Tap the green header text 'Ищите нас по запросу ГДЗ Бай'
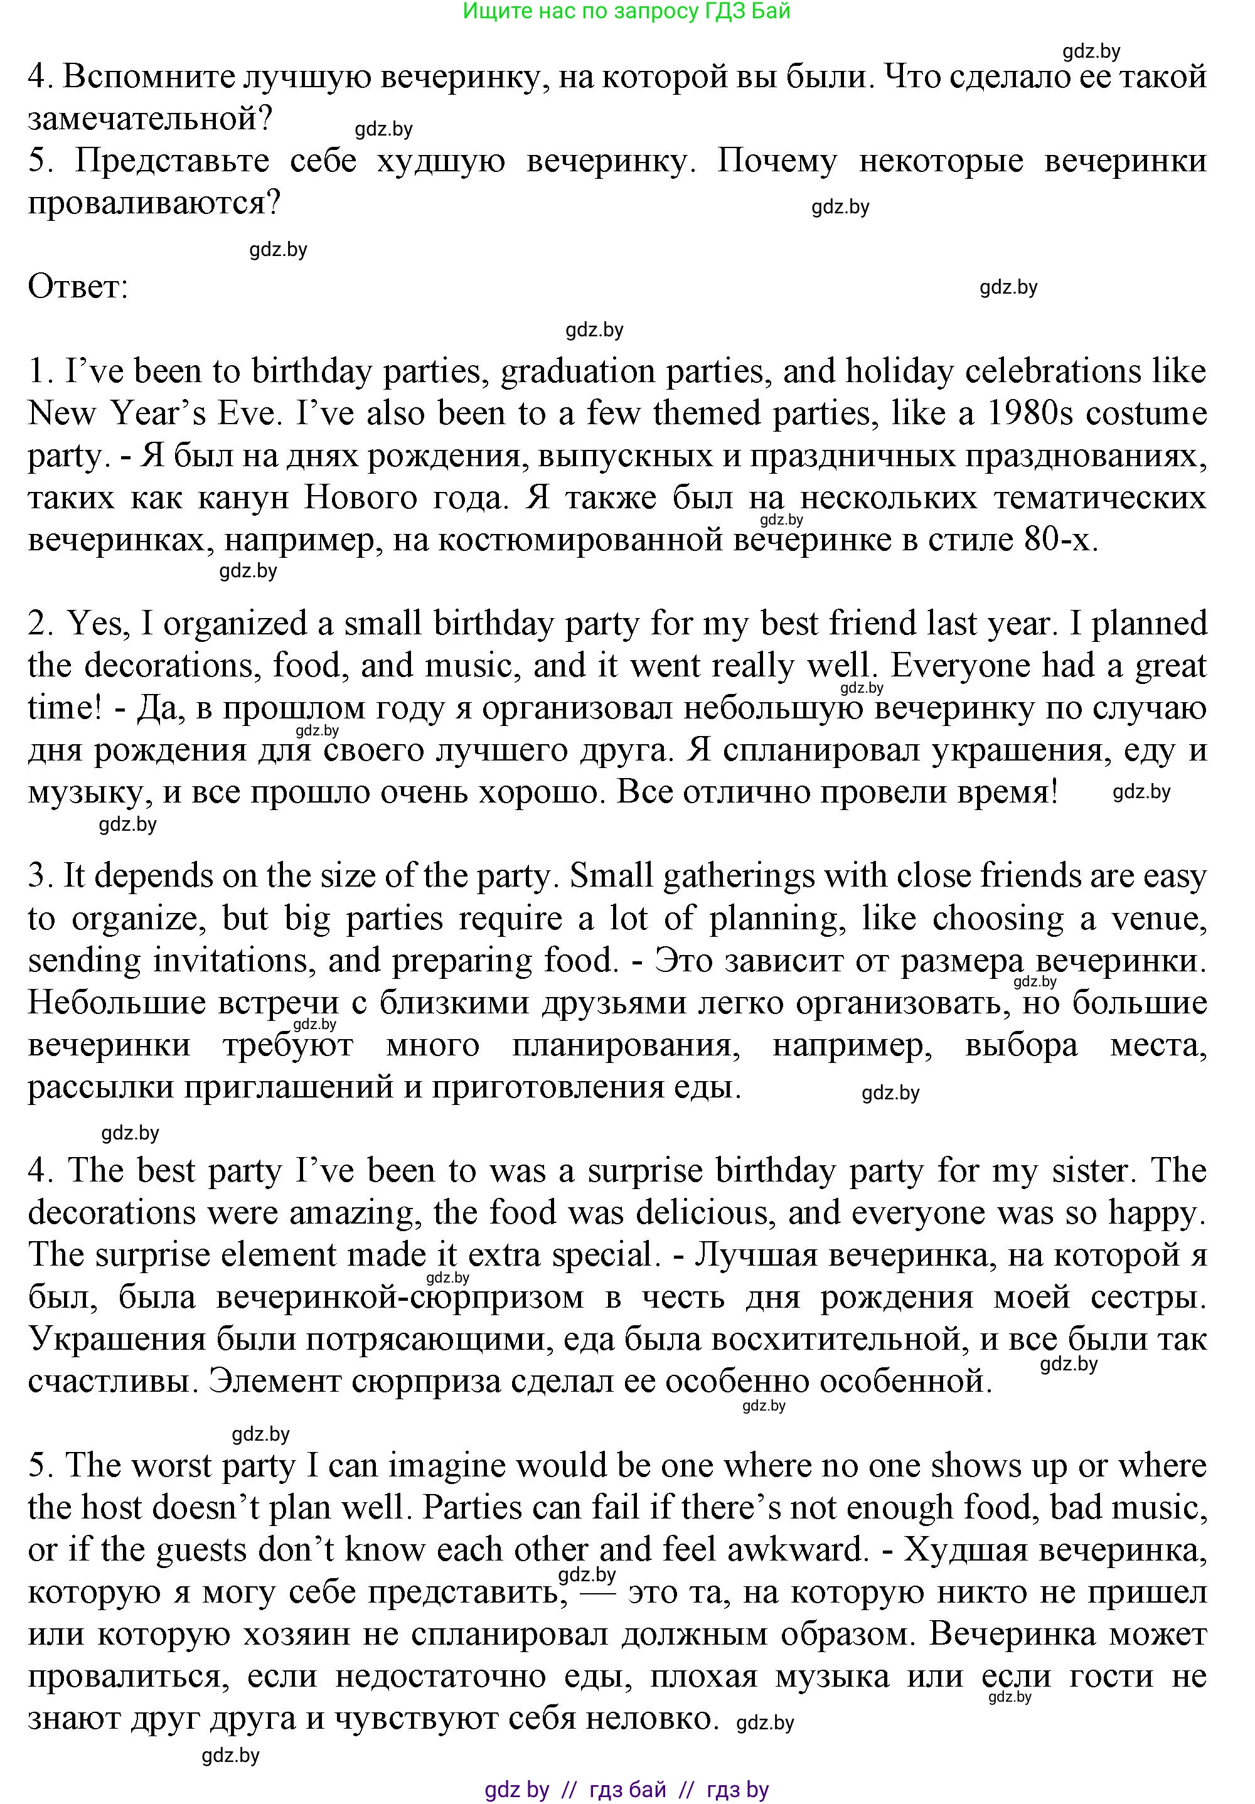(x=626, y=11)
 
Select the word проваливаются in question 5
(x=154, y=203)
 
